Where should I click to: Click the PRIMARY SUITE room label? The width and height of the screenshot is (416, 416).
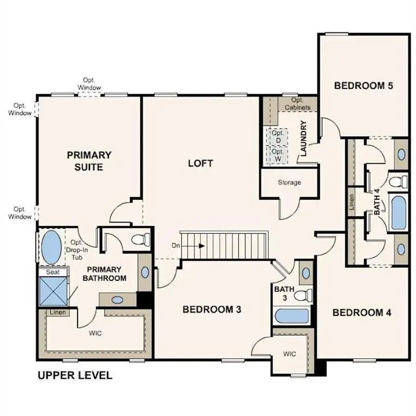89,161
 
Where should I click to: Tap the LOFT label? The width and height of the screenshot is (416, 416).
200,163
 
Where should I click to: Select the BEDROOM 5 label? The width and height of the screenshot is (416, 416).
362,86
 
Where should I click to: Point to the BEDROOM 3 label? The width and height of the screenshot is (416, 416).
211,309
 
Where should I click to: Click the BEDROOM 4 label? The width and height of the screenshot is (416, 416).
362,313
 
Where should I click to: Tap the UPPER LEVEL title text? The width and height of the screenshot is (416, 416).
74,375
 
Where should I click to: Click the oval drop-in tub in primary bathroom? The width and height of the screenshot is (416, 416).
51,248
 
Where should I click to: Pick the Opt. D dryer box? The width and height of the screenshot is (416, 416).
277,136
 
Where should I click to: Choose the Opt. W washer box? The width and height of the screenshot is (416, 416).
277,155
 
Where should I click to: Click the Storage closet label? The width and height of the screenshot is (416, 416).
289,183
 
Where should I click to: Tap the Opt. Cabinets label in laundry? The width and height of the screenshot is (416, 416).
297,104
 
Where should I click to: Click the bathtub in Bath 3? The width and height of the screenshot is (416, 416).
291,316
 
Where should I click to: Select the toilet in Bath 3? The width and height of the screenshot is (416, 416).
306,295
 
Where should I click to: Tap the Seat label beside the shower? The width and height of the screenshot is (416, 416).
53,272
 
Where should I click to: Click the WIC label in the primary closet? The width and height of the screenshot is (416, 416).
95,333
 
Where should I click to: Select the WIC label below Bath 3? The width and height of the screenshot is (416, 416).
290,354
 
